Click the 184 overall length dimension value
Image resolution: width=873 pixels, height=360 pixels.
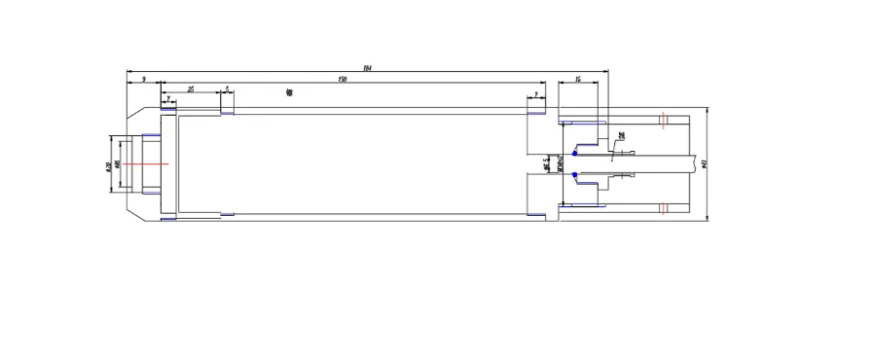[x=366, y=67]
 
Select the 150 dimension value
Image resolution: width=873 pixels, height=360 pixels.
[x=343, y=78]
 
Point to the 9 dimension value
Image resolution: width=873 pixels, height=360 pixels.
[x=144, y=78]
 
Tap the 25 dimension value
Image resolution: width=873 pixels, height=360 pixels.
[x=191, y=89]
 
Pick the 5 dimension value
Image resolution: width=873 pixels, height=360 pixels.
[x=227, y=89]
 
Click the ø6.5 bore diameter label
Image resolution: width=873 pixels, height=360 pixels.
[x=548, y=164]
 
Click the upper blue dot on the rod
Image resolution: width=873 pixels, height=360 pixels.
[x=575, y=152]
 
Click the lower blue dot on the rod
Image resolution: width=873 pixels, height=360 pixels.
[x=575, y=176]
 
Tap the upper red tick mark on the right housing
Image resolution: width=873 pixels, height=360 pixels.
[x=662, y=121]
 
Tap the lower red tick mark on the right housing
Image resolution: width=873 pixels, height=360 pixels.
[x=662, y=208]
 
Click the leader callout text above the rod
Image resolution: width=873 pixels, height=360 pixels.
[x=621, y=136]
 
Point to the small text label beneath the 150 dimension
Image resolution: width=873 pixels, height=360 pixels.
[x=289, y=92]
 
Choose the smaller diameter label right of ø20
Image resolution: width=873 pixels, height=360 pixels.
[x=117, y=164]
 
